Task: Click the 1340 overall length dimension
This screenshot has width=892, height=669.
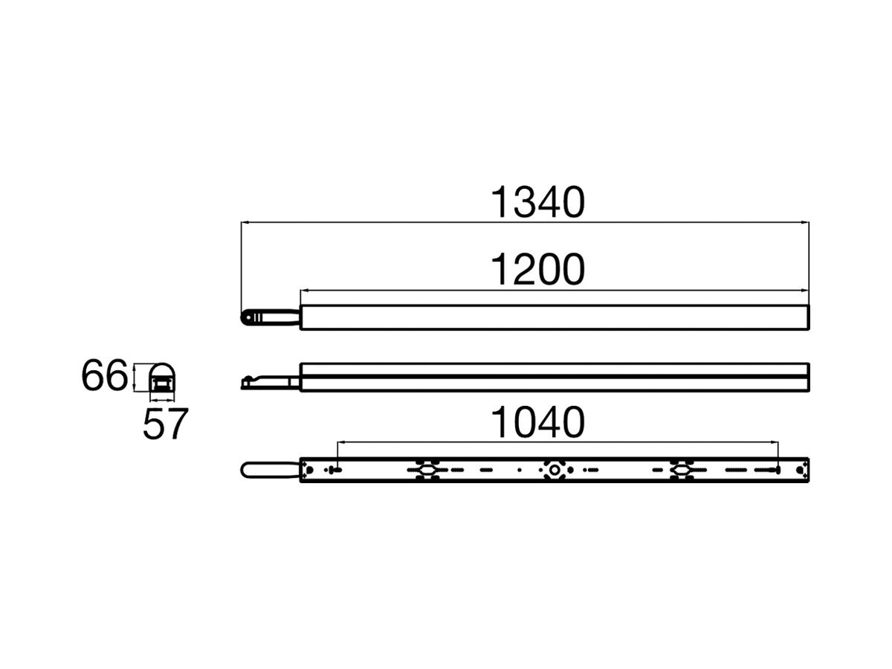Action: [537, 203]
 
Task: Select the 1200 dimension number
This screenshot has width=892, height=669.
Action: [537, 270]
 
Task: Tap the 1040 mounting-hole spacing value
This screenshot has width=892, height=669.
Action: [537, 423]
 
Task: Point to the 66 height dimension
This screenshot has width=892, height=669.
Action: [104, 377]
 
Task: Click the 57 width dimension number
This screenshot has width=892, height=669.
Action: [165, 424]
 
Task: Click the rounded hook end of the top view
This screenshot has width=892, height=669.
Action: [246, 317]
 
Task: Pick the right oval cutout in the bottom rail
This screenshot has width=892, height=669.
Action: [679, 470]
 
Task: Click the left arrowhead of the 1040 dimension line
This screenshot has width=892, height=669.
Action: [340, 442]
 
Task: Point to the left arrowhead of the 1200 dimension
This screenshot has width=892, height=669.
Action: [303, 290]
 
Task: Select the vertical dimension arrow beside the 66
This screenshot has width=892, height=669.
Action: [134, 378]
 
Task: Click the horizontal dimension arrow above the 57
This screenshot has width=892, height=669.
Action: [159, 400]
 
